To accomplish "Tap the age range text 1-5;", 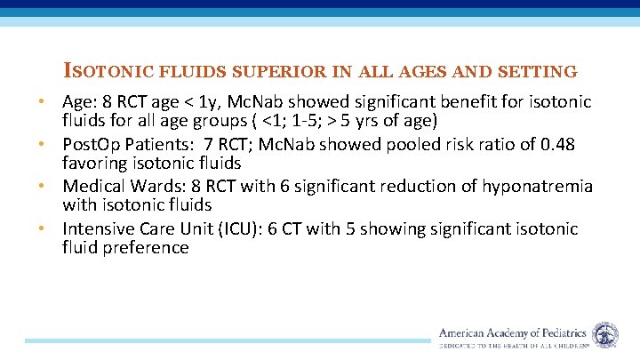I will (273, 120).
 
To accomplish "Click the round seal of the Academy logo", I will (605, 334).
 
